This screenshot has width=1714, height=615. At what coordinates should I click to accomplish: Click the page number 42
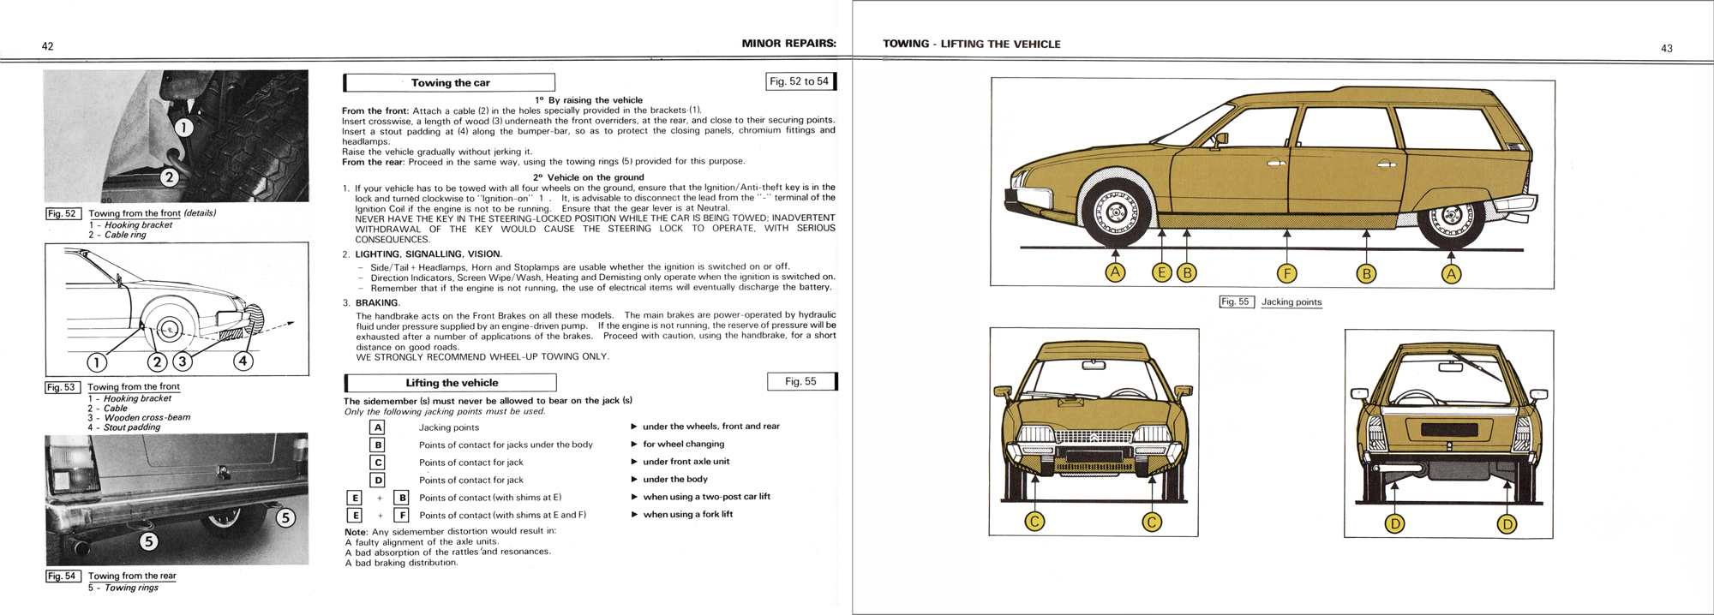click(48, 46)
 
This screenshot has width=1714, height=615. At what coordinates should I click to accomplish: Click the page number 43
click(1666, 49)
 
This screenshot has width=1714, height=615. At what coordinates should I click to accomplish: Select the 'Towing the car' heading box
click(450, 83)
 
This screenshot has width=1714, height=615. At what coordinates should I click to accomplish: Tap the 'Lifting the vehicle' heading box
click(451, 383)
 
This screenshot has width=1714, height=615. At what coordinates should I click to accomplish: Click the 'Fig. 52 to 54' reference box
click(799, 81)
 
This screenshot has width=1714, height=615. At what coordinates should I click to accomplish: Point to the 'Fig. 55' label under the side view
click(1236, 302)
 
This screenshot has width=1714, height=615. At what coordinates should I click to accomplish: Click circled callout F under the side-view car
click(1286, 274)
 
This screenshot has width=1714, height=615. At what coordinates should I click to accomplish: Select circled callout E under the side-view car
click(1161, 273)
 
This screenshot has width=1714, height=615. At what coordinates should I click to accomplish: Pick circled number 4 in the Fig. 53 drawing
click(243, 361)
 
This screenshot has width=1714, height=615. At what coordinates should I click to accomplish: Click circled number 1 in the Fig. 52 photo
click(184, 128)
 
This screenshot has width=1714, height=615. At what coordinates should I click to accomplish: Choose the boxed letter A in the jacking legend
click(378, 427)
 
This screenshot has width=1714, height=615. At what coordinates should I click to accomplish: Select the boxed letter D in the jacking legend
click(378, 480)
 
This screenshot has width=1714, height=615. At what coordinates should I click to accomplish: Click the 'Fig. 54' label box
click(63, 576)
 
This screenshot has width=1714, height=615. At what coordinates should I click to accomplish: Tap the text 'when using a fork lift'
click(687, 514)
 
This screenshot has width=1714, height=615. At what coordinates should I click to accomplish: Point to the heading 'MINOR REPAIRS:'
click(788, 44)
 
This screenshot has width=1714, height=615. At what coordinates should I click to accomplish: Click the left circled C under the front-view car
click(1035, 522)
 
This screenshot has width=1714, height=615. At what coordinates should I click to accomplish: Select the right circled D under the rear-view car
click(1507, 523)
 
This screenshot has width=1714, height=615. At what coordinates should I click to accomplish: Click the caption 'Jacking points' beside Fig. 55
click(1291, 302)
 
